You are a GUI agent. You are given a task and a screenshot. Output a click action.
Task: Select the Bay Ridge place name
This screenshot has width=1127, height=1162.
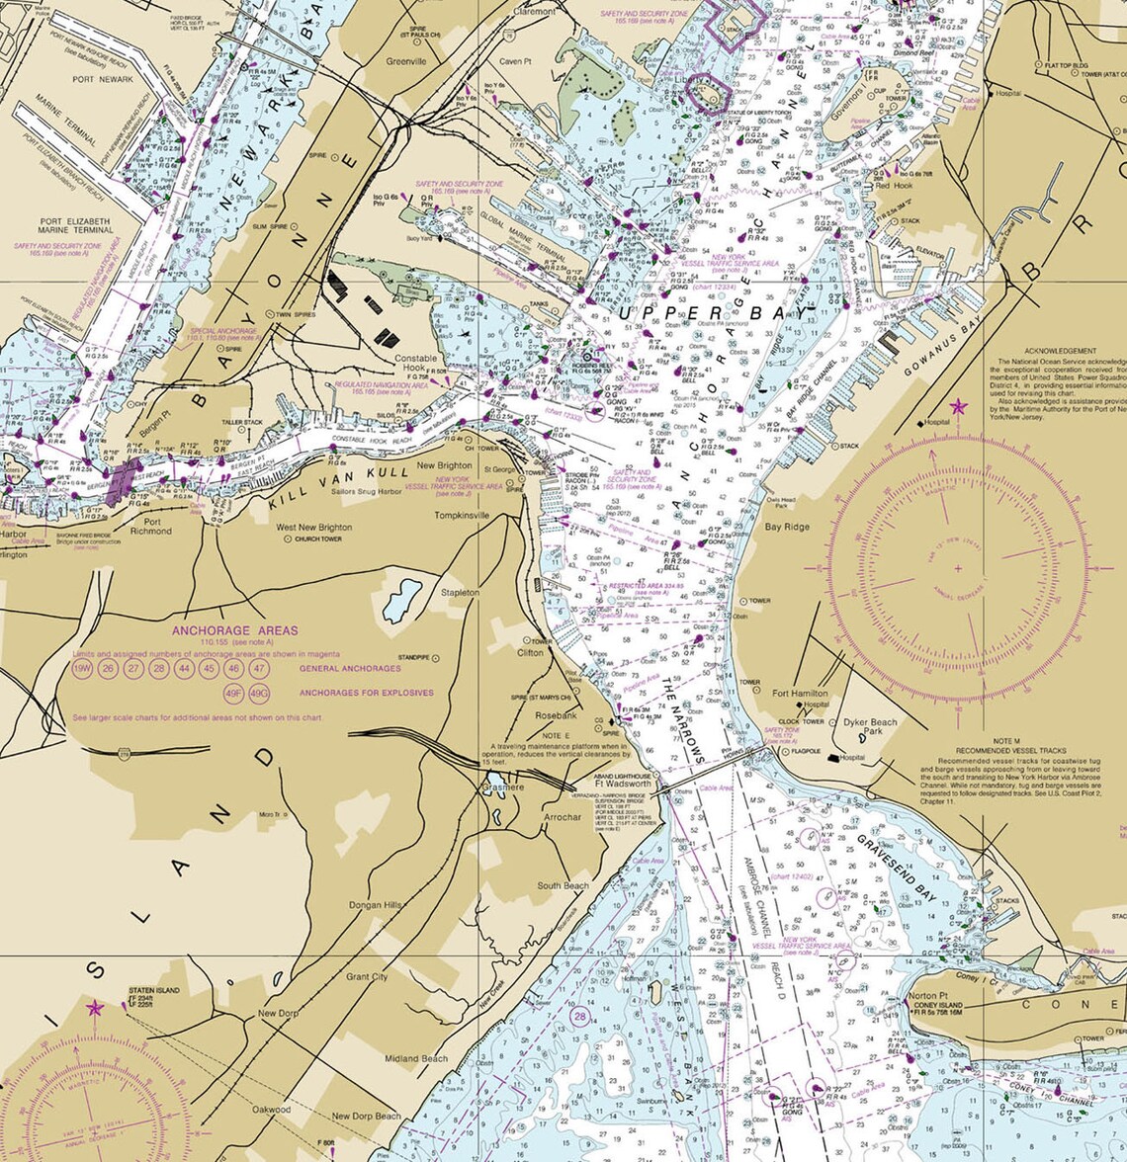coord(787,527)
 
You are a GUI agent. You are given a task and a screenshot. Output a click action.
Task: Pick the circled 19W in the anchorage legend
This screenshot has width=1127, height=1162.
coord(82,669)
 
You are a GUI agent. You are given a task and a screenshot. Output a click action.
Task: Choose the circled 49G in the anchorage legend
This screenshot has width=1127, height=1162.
coord(259,694)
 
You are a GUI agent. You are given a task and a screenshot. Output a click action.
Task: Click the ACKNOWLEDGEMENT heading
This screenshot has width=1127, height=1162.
coord(1060,351)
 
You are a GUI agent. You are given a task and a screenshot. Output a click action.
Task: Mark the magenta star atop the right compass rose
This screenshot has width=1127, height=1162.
coord(957,406)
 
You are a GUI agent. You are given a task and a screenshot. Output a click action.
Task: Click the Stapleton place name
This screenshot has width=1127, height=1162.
coord(461,592)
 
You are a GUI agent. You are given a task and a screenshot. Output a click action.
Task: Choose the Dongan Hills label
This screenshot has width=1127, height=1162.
coord(375,905)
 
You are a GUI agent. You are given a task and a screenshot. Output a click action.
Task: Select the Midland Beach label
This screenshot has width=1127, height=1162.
coord(416,1058)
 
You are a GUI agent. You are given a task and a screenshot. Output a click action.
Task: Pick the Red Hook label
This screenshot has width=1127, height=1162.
coord(894,186)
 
